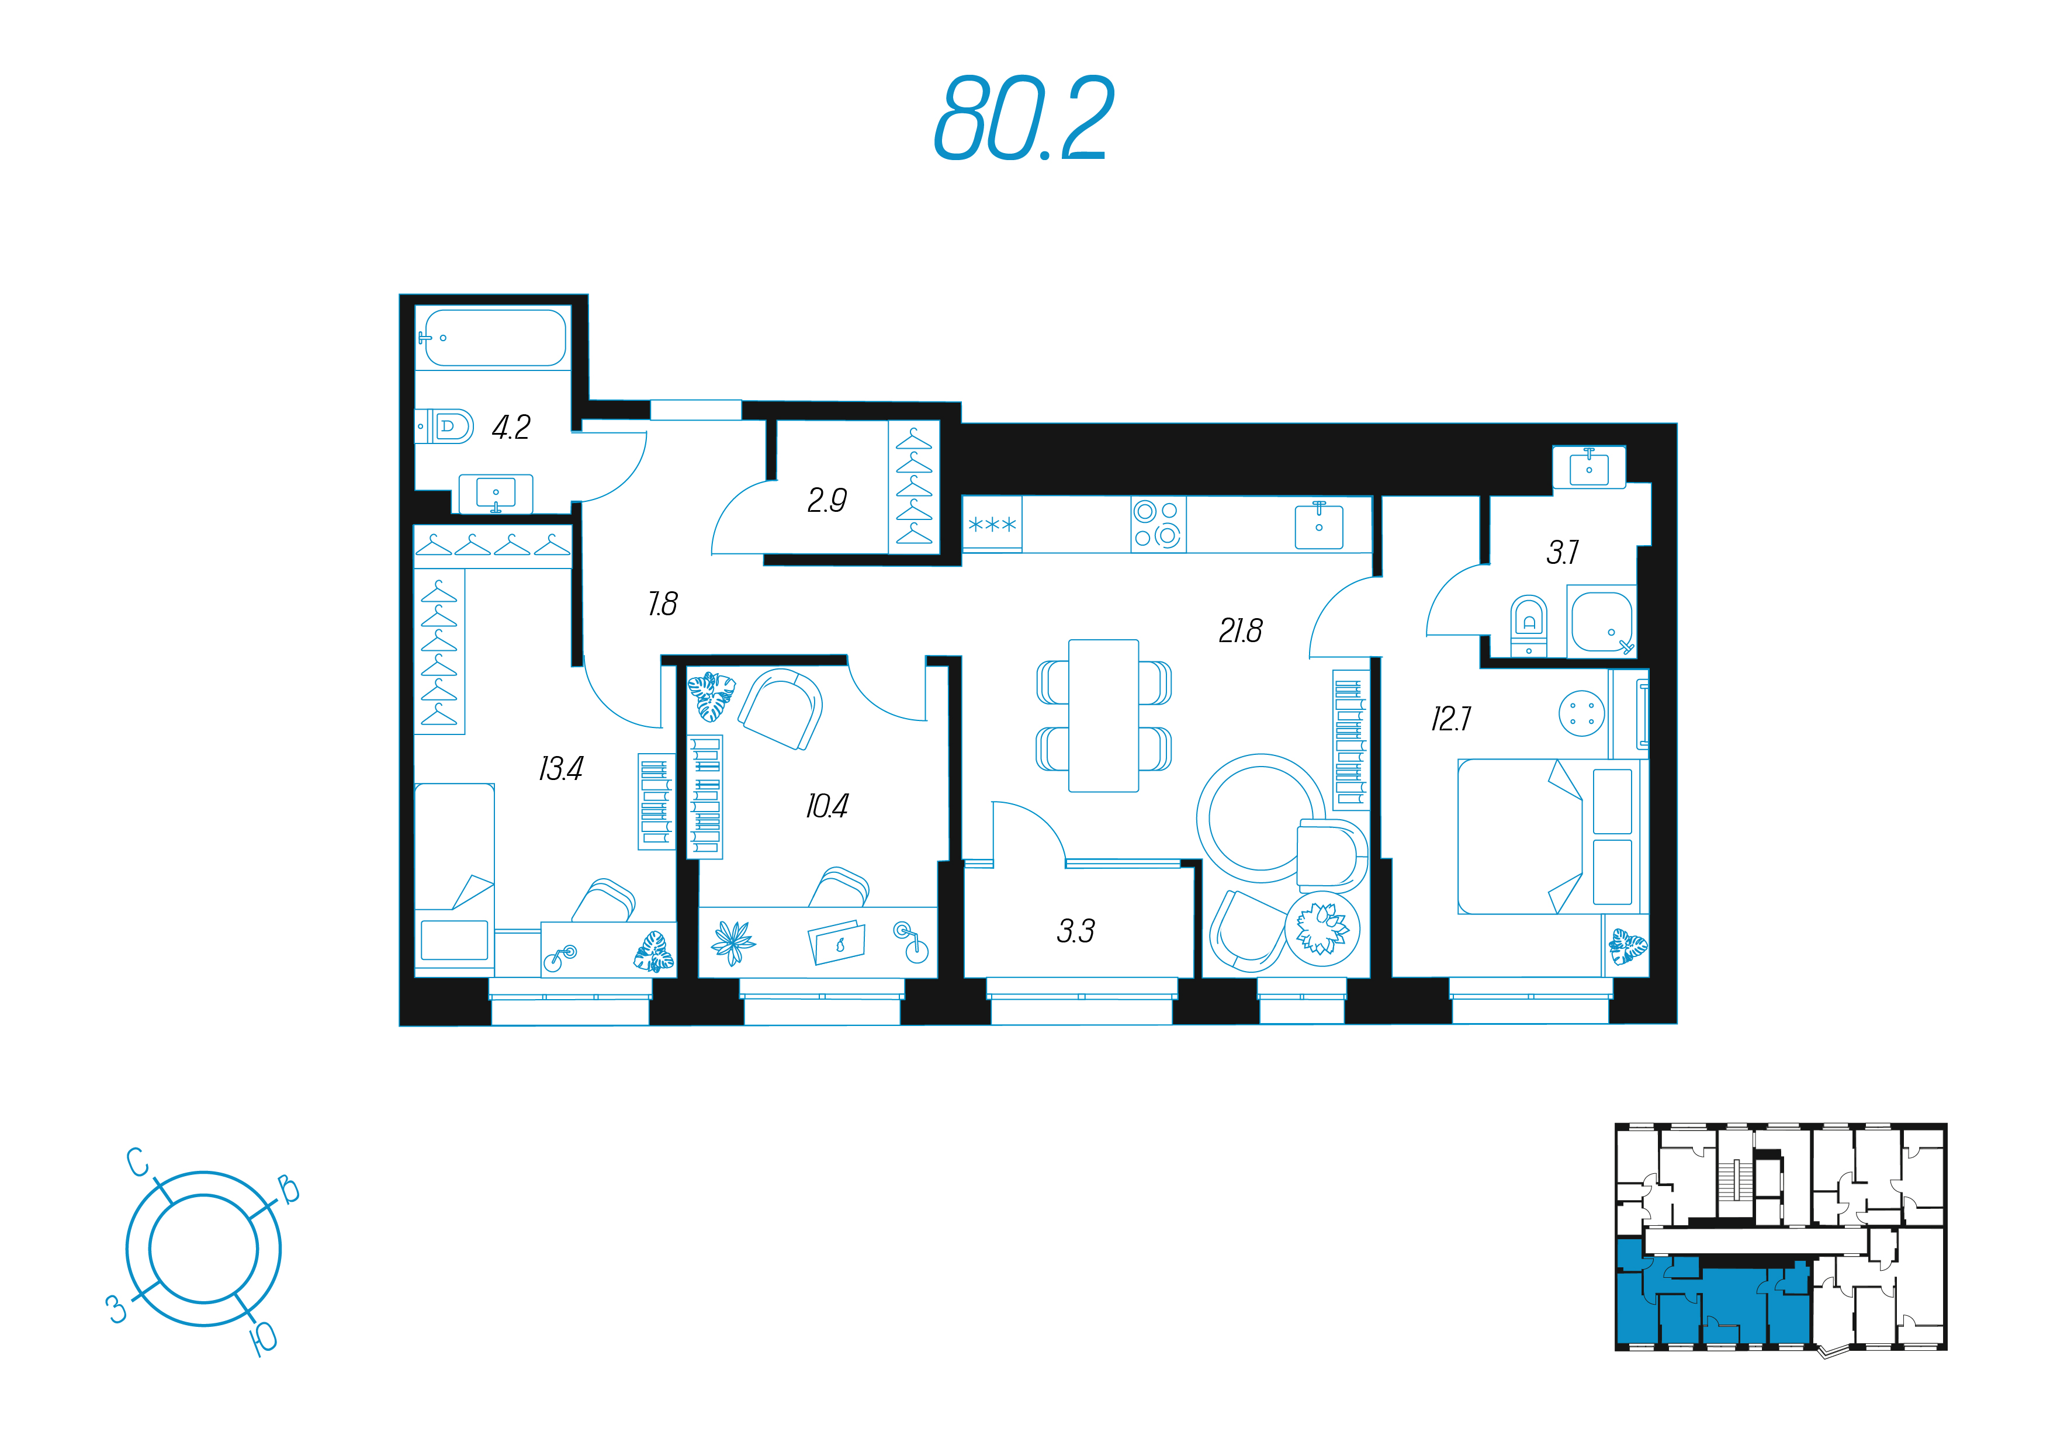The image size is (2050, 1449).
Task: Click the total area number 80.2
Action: click(1024, 118)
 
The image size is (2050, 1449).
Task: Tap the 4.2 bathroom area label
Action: click(511, 428)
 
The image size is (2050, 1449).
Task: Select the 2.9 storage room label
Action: click(827, 501)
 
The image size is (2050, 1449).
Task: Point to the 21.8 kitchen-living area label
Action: click(1240, 631)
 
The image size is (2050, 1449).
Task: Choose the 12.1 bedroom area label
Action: click(1451, 719)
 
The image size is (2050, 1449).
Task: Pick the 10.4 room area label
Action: click(827, 806)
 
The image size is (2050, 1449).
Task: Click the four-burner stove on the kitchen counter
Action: click(1158, 524)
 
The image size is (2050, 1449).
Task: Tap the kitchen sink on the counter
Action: click(1320, 525)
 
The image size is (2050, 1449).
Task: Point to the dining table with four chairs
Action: click(1103, 715)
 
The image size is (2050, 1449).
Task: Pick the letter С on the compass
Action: click(137, 1162)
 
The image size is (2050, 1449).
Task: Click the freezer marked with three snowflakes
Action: click(992, 525)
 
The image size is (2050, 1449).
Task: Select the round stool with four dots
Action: click(1581, 713)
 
